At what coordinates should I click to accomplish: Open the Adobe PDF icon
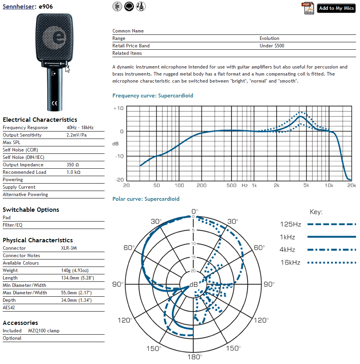point(308,8)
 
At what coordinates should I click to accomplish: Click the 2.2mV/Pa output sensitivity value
point(77,135)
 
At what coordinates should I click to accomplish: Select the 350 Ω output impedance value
point(74,165)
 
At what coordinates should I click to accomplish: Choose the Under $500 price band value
point(272,46)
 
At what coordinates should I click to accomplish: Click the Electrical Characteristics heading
point(40,120)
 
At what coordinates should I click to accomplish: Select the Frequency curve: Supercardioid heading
point(153,96)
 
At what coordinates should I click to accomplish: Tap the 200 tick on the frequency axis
point(201,185)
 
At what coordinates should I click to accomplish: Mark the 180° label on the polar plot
point(195,357)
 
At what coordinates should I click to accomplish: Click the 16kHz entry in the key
point(290,263)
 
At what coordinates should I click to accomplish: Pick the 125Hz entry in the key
point(290,224)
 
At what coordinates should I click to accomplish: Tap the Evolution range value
point(269,38)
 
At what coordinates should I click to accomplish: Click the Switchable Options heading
point(31,210)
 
